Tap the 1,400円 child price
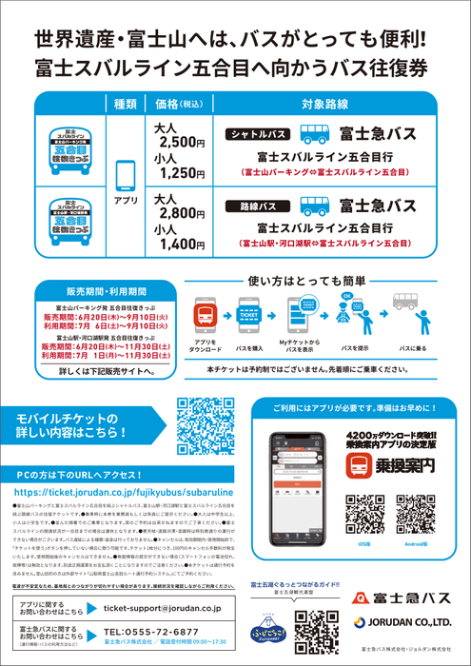click(x=182, y=245)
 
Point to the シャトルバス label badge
click(x=258, y=134)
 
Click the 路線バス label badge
click(x=258, y=206)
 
